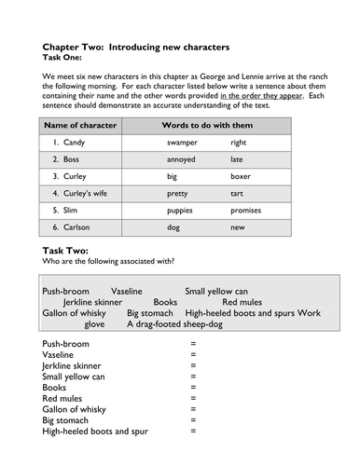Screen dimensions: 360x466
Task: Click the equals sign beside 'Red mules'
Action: click(193, 398)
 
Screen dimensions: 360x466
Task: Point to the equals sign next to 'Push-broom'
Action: click(193, 344)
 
